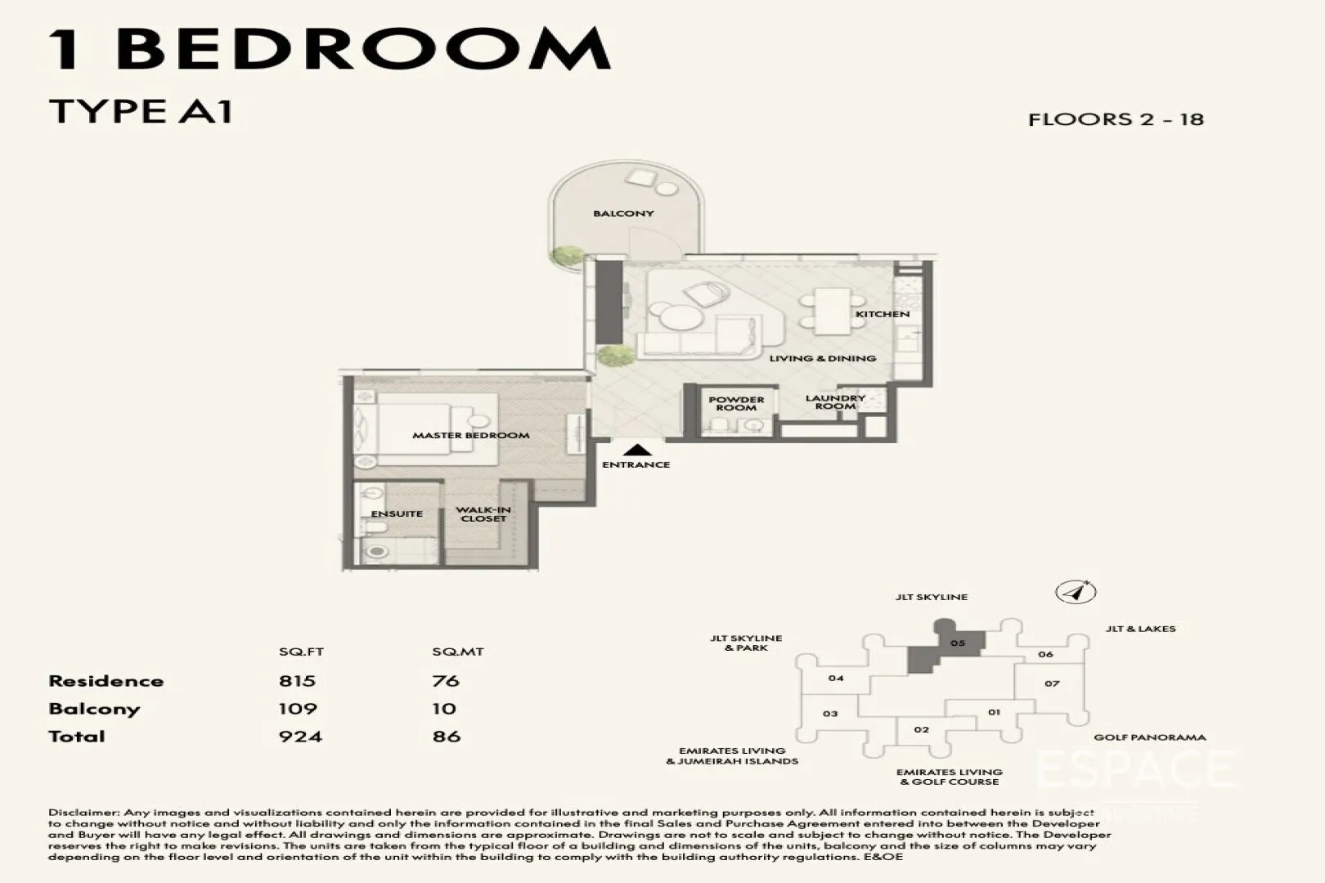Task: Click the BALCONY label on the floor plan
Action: [623, 213]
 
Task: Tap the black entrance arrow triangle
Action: [636, 449]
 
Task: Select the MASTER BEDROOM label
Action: [470, 435]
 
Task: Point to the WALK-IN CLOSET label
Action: [483, 514]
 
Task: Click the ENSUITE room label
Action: [397, 513]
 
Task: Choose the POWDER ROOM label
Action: [736, 404]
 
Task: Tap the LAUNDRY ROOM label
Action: [835, 402]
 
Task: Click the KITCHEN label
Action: [883, 314]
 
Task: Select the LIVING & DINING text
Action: [822, 358]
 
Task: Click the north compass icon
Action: [1076, 592]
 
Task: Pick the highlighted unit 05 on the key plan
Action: [957, 643]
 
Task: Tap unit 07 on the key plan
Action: [1052, 684]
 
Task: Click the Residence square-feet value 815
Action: [297, 681]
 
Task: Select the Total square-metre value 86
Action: [447, 736]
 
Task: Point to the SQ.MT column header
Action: [458, 652]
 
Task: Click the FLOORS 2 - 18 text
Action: [1116, 119]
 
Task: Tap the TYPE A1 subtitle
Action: [141, 111]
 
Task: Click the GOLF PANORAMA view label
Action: [1149, 737]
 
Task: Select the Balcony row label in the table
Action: [94, 709]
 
